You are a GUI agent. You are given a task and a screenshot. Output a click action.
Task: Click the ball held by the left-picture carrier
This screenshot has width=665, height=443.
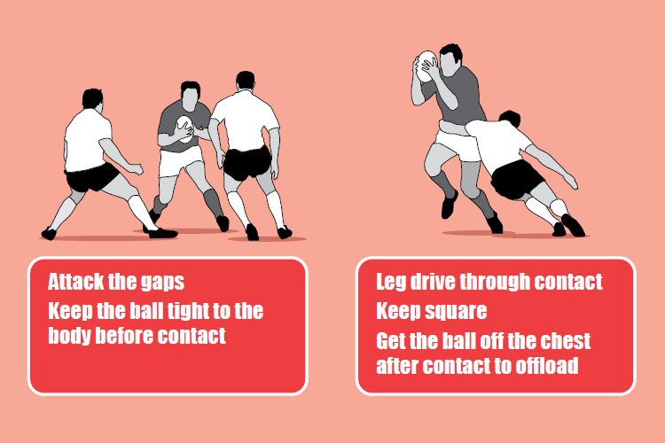(184, 129)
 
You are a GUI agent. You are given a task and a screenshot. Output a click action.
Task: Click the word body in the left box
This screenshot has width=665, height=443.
(72, 336)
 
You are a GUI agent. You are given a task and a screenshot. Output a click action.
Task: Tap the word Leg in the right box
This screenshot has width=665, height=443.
(392, 283)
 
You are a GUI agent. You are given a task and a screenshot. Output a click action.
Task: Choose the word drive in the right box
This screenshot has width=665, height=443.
(438, 283)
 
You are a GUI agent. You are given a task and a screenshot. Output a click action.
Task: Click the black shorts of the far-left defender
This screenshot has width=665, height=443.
(92, 178)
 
